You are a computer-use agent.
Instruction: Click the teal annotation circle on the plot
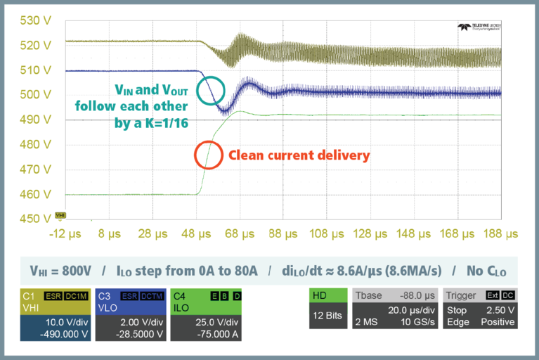point(211,89)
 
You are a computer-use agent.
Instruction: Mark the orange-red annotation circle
point(208,155)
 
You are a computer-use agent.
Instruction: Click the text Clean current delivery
point(298,155)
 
